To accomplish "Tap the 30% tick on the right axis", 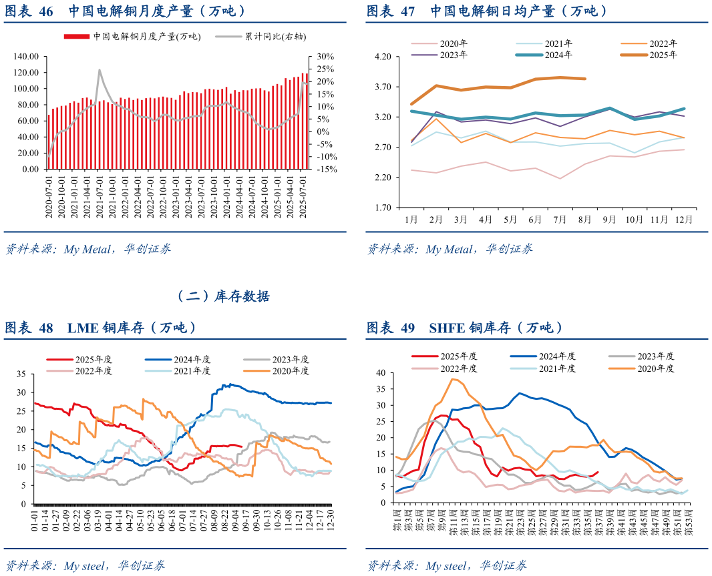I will click(326, 56).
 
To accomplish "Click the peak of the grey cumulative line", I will click(100, 69).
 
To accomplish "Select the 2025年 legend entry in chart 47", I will click(663, 55).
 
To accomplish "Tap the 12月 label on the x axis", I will click(683, 219).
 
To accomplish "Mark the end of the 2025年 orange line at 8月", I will click(585, 79).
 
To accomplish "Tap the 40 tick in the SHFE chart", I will click(382, 372).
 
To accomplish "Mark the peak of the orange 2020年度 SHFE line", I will click(454, 379).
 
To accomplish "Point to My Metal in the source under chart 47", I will click(450, 250).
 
